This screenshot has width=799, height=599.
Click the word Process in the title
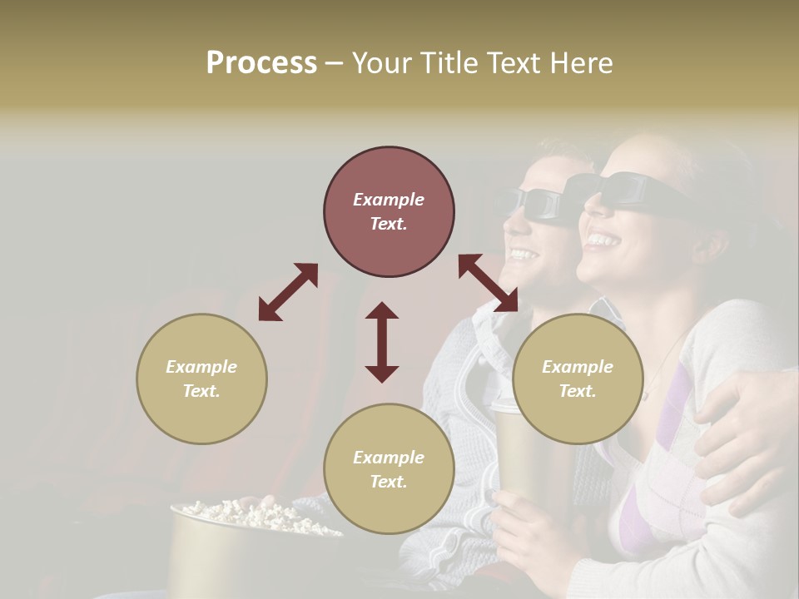[261, 63]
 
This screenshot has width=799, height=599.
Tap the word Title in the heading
[445, 63]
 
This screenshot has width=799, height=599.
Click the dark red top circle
[389, 212]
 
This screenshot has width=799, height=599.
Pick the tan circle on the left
[201, 379]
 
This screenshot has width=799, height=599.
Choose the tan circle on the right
[578, 379]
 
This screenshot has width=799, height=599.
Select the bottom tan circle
[389, 469]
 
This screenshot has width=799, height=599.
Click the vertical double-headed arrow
[382, 342]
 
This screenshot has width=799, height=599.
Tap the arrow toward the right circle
[488, 283]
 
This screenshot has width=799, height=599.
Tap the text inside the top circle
[389, 211]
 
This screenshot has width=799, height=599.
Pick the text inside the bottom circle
[389, 469]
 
